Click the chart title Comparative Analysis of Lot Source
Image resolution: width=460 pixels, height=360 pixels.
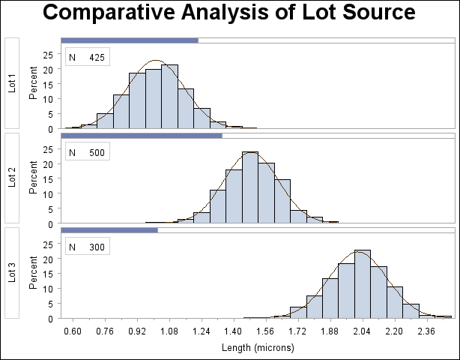tap(229, 13)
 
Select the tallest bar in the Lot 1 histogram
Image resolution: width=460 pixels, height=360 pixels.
tap(169, 97)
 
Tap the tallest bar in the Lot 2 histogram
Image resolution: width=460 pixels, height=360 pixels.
tap(250, 187)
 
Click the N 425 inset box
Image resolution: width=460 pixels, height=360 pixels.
tap(88, 57)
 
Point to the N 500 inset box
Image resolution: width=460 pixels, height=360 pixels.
tap(88, 152)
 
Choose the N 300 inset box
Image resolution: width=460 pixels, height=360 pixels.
tap(88, 247)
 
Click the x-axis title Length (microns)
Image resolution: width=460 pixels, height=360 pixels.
tap(258, 348)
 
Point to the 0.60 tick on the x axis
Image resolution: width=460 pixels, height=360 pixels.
tap(73, 331)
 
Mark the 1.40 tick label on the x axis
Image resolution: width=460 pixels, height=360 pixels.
tap(234, 331)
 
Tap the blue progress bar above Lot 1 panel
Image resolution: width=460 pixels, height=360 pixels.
tap(129, 40)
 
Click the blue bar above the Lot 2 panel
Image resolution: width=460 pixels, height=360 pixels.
tap(141, 136)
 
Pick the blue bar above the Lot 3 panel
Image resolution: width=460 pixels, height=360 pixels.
tap(109, 230)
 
